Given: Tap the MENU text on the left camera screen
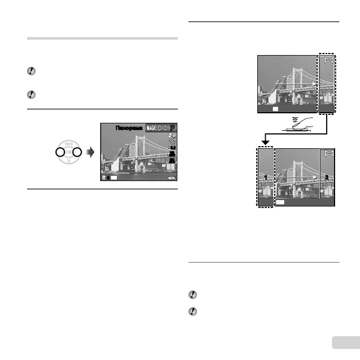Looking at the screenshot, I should pos(172,178).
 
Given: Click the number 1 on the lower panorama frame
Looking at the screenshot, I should pos(265,177).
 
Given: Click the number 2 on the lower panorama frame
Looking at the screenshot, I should pos(327,177).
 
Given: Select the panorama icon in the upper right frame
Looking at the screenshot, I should pos(328,60).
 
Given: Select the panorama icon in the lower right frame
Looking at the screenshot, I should pos(328,154).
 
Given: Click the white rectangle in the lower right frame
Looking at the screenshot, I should pos(281,202).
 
